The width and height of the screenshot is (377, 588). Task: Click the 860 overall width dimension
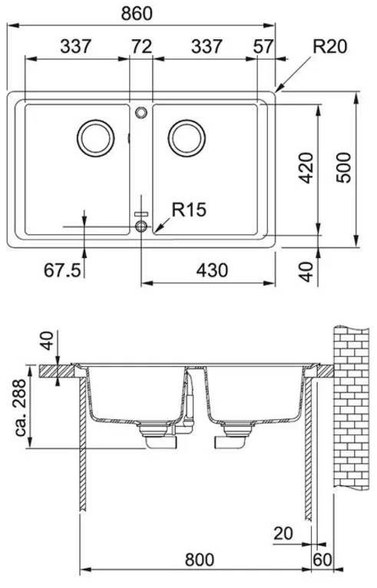(137, 13)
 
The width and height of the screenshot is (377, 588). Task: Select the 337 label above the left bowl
(76, 47)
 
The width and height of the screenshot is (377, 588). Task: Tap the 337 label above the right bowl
(207, 47)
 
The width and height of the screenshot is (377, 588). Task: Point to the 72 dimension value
(142, 47)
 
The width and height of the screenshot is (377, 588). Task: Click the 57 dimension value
(263, 47)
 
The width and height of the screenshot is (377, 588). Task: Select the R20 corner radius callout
(330, 47)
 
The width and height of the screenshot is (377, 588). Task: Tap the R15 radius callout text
(189, 210)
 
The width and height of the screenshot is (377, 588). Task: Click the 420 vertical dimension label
(307, 167)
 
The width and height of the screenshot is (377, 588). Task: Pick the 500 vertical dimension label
(344, 167)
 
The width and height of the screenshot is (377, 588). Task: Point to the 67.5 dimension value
(62, 270)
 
